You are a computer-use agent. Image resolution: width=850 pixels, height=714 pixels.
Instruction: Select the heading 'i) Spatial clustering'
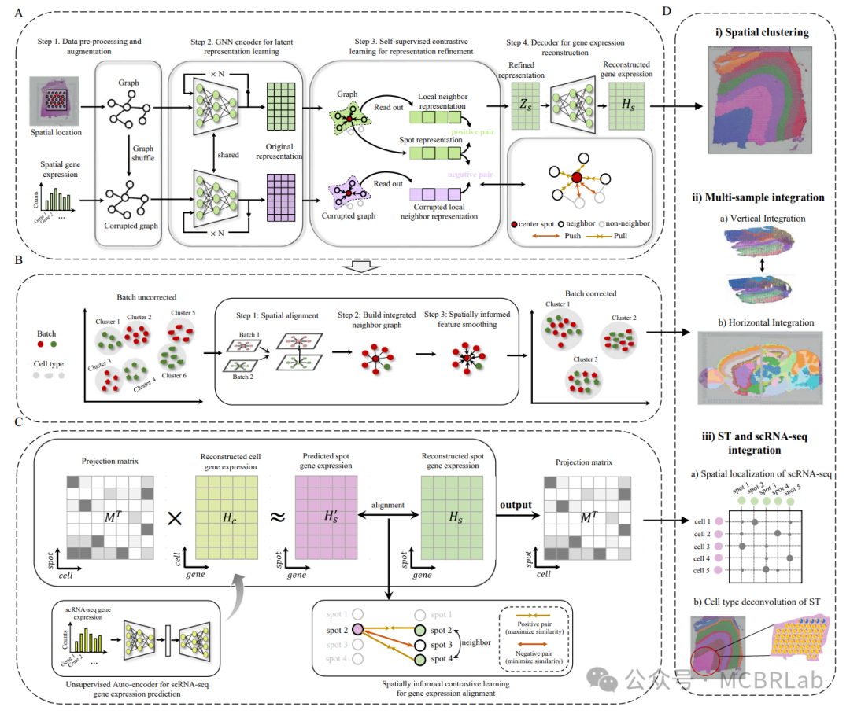click(x=756, y=34)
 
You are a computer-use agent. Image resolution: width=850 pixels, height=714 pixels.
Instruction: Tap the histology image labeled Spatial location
click(x=54, y=100)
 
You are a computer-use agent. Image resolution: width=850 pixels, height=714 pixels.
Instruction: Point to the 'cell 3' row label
click(x=703, y=547)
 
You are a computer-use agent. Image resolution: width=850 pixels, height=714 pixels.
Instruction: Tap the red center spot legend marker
click(x=515, y=224)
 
